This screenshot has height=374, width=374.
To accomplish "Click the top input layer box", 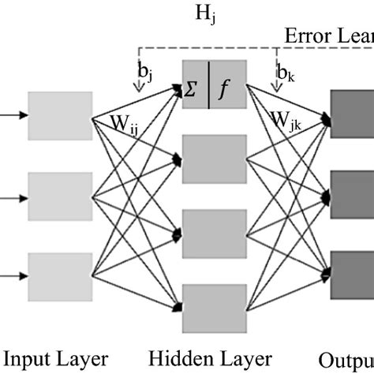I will (54, 116).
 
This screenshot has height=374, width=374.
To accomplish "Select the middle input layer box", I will (54, 190).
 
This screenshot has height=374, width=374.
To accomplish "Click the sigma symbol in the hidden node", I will (193, 90).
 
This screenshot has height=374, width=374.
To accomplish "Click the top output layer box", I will (352, 114).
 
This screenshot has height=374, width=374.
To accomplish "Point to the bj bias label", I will (145, 73).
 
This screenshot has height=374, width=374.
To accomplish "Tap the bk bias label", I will (285, 73).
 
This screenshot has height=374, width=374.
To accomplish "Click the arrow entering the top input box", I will (12, 116).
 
